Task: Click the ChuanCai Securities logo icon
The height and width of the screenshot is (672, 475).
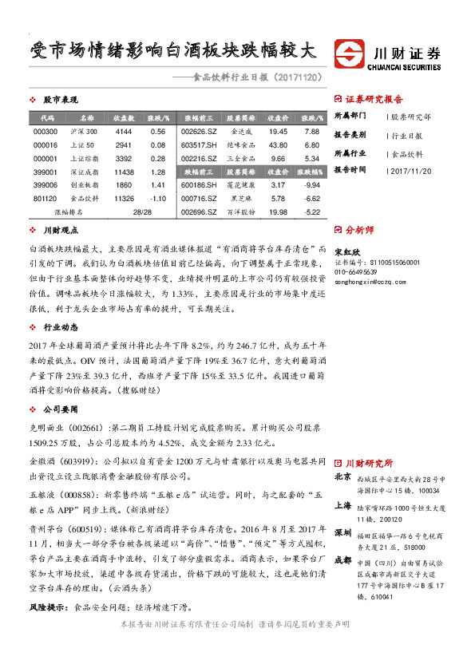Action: pos(349,54)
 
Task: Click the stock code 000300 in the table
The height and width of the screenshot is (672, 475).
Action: pos(46,131)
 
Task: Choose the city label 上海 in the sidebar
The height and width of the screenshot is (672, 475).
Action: pos(342,505)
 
